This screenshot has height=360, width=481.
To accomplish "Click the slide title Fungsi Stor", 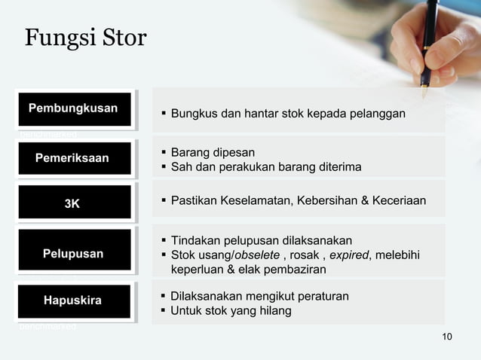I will point(85,38).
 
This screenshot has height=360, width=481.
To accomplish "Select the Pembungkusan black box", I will point(73,108).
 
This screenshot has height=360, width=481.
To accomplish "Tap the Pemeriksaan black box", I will point(72,158).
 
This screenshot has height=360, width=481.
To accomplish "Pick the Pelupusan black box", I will point(73,254).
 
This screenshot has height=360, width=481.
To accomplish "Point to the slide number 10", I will point(447,336).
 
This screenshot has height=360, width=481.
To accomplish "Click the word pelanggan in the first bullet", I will point(378,114).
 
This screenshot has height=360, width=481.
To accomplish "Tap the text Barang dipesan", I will point(213,151).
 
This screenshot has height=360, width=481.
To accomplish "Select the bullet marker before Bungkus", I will point(163,114).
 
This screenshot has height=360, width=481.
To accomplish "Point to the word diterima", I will point(337,166).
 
